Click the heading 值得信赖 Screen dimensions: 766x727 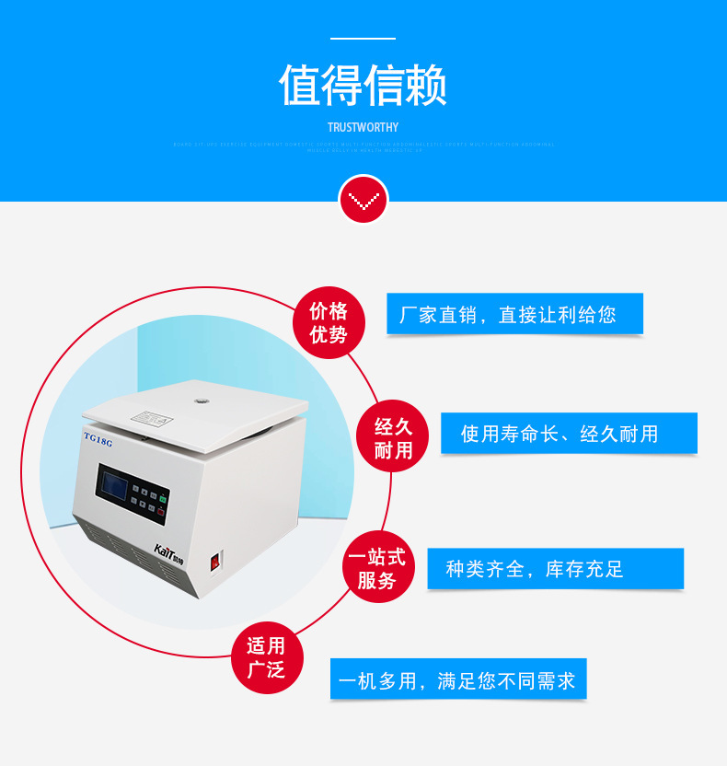pyautogui.click(x=363, y=87)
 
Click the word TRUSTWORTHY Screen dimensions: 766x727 pyautogui.click(x=363, y=128)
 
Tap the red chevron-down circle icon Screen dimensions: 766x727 pyautogui.click(x=363, y=199)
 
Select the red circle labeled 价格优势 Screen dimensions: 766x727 pyautogui.click(x=329, y=322)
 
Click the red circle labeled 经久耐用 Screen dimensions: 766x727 pyautogui.click(x=393, y=437)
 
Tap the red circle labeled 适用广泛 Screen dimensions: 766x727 pyautogui.click(x=265, y=656)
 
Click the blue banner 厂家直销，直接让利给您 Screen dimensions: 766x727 pyautogui.click(x=514, y=314)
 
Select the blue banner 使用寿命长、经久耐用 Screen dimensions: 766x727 pyautogui.click(x=568, y=433)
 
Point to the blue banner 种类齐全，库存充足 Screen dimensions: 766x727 pyautogui.click(x=555, y=568)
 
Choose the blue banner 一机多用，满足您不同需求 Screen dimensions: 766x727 pyautogui.click(x=457, y=680)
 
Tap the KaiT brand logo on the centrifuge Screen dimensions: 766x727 pyautogui.click(x=170, y=552)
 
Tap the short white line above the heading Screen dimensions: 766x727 pyautogui.click(x=363, y=39)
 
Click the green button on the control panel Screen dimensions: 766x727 pyautogui.click(x=162, y=499)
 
